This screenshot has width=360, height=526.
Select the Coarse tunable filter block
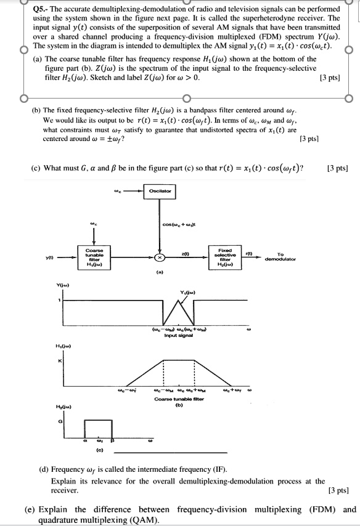pyautogui.click(x=95, y=257)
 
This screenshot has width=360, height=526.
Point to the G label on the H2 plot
pyautogui.click(x=62, y=421)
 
